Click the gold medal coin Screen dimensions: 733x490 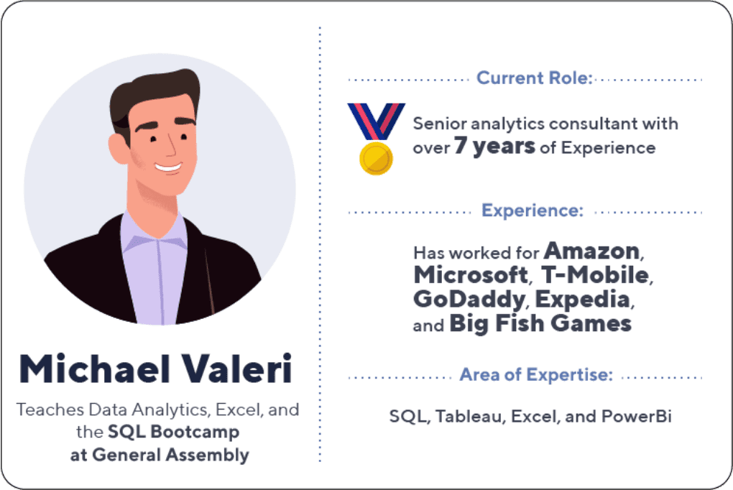point(376,159)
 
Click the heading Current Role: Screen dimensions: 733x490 point(535,78)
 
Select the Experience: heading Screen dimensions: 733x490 point(533,211)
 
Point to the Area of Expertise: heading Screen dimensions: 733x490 point(536,374)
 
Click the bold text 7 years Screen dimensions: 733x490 point(494,146)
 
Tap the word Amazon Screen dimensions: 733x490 point(591,251)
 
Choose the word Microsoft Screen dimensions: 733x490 point(471,275)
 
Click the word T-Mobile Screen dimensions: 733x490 point(595,275)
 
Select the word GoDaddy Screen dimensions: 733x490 point(469,300)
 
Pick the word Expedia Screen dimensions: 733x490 point(583,300)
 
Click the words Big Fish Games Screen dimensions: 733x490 point(540,323)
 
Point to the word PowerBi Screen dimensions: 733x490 point(636,416)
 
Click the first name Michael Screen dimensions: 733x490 point(94,369)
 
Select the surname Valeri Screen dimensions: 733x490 point(236,369)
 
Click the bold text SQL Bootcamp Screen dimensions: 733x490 point(173,432)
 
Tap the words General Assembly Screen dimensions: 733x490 point(170,455)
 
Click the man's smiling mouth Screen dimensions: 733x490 point(169,167)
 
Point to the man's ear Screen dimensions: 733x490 point(118,149)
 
